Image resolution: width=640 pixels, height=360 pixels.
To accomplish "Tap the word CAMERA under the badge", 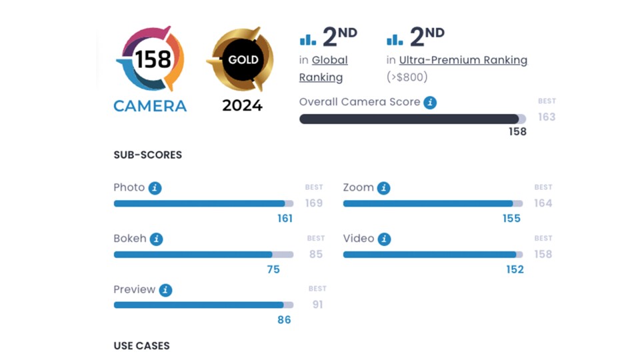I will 150,105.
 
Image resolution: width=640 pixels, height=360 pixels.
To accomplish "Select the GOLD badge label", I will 243,59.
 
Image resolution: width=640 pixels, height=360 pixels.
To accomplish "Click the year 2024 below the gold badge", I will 243,105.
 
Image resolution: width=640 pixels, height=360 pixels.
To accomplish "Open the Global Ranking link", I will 323,69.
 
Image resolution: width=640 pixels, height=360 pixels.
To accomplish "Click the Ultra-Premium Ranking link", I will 463,60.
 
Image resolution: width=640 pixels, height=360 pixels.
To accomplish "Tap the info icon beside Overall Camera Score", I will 431,103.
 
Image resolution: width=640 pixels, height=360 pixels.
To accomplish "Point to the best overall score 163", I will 547,117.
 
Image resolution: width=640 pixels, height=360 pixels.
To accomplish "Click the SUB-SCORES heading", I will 148,155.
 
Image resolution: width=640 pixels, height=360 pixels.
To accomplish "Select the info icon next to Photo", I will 155,188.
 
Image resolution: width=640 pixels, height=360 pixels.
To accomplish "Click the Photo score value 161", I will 285,218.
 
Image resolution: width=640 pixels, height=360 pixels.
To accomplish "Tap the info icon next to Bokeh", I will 156,239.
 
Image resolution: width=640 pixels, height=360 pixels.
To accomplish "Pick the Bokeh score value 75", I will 273,269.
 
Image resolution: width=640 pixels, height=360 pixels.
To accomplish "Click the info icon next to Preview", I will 165,290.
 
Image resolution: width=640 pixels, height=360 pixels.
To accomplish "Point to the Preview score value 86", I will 284,320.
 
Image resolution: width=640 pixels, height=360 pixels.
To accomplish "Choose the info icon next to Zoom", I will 384,188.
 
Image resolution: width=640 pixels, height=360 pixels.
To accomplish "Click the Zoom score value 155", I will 512,218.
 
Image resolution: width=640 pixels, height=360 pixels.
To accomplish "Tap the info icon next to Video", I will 385,239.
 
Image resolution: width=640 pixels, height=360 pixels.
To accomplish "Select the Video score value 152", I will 515,269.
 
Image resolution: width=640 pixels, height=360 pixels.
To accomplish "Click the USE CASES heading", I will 142,346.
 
